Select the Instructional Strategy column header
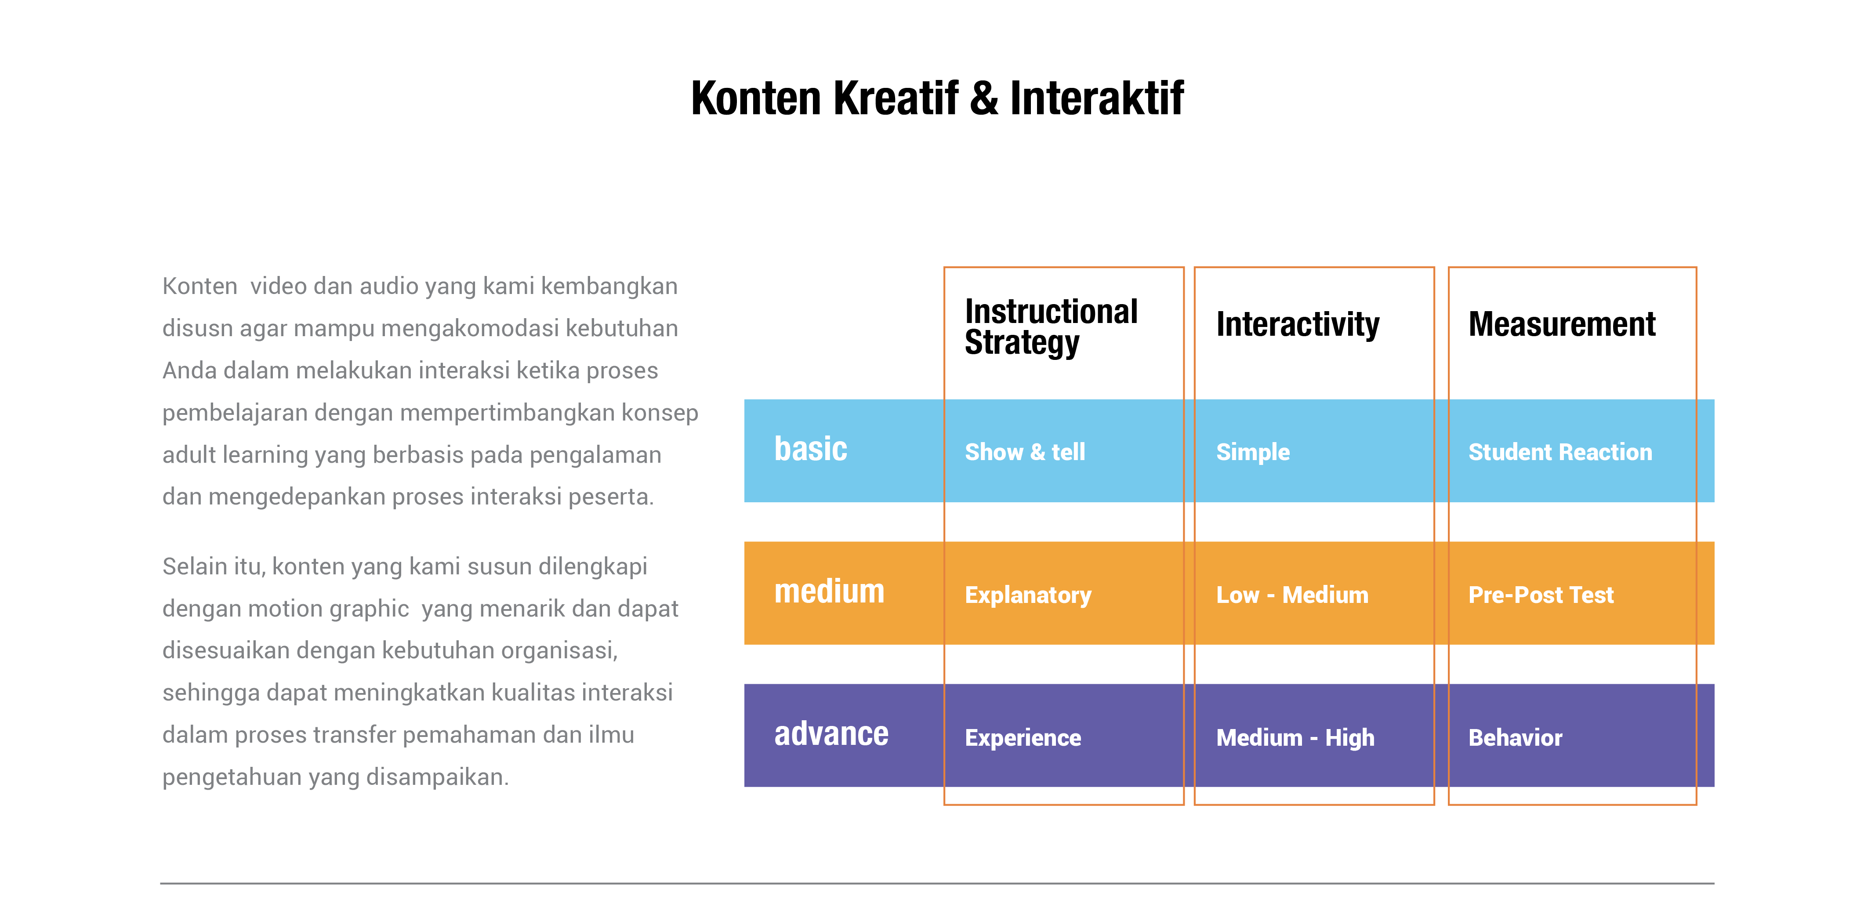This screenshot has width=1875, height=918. [x=1051, y=327]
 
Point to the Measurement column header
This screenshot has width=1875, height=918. [x=1562, y=324]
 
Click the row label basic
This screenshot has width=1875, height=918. [x=811, y=448]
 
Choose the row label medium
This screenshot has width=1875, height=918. [x=829, y=591]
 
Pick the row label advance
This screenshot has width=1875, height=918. [x=831, y=734]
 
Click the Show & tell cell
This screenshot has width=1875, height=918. [x=1025, y=452]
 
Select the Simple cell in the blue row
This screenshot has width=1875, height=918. [x=1253, y=453]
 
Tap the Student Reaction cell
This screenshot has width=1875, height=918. [x=1560, y=452]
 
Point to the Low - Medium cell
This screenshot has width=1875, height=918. [x=1292, y=595]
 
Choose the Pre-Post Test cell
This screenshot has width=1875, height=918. [x=1541, y=595]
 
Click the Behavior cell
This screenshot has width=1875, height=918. [x=1516, y=737]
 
